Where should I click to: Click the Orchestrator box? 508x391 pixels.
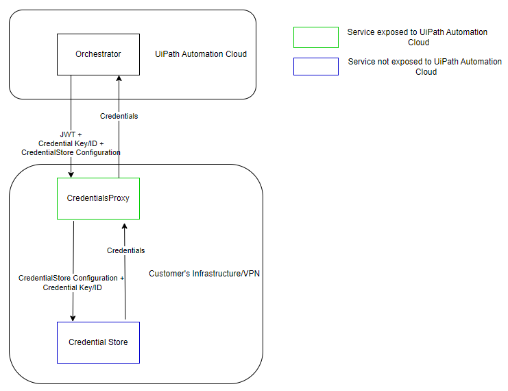click(x=98, y=54)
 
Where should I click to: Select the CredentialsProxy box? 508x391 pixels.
click(x=98, y=198)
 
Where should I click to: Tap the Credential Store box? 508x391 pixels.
click(x=98, y=342)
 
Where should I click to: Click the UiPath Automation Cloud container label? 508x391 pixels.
click(x=201, y=54)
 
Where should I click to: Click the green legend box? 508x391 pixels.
click(x=315, y=37)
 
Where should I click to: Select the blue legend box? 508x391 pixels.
click(x=315, y=66)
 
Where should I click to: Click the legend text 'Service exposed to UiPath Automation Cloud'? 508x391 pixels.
click(x=418, y=37)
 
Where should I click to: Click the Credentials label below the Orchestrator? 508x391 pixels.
click(x=119, y=116)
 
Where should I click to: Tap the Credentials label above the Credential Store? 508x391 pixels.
click(x=125, y=250)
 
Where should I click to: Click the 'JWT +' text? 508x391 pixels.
click(x=71, y=134)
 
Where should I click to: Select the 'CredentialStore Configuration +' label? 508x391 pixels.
click(x=71, y=278)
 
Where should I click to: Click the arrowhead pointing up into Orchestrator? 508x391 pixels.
click(x=119, y=78)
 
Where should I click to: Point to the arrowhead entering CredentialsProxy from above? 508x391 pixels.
click(x=71, y=174)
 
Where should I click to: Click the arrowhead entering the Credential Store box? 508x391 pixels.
click(x=73, y=318)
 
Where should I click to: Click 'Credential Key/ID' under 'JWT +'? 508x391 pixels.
click(x=71, y=143)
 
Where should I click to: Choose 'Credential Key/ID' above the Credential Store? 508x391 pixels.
click(x=72, y=287)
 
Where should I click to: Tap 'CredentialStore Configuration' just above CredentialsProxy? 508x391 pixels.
click(x=71, y=152)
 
